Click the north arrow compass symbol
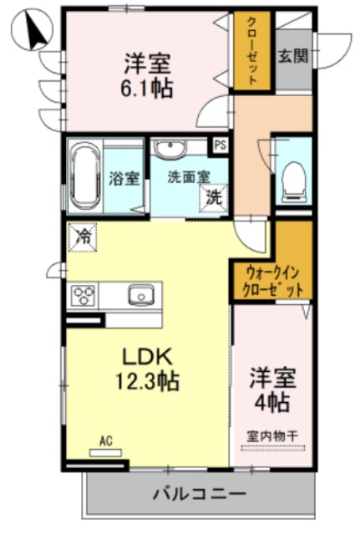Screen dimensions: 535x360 (x=31, y=31)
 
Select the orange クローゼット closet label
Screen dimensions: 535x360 (x=251, y=49)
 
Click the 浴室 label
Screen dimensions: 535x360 (x=124, y=178)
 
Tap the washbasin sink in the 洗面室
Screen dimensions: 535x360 (x=173, y=150)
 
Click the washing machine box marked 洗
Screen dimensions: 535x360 (x=215, y=198)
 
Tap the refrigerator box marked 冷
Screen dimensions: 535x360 (x=84, y=237)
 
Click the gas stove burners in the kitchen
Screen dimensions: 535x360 (x=85, y=295)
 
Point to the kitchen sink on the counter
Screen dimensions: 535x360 (x=139, y=294)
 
